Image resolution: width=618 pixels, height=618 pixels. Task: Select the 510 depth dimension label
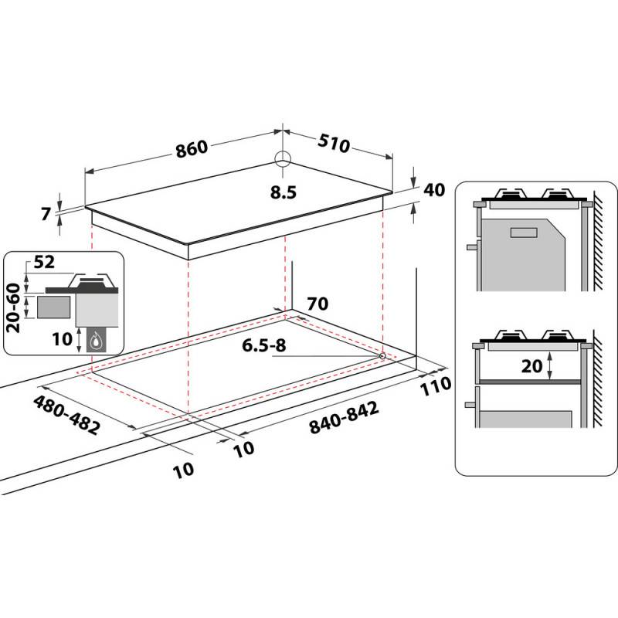[334, 144]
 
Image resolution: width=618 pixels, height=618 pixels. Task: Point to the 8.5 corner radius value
[284, 192]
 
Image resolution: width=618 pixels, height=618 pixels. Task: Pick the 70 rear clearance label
[317, 303]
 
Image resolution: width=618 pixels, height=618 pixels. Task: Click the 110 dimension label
[436, 386]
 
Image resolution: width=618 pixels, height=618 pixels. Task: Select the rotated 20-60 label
[14, 306]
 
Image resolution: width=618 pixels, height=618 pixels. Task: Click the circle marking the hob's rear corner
[284, 159]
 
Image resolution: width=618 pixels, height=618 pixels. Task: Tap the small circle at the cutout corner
[383, 355]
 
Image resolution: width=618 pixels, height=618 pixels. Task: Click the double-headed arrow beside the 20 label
[548, 366]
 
